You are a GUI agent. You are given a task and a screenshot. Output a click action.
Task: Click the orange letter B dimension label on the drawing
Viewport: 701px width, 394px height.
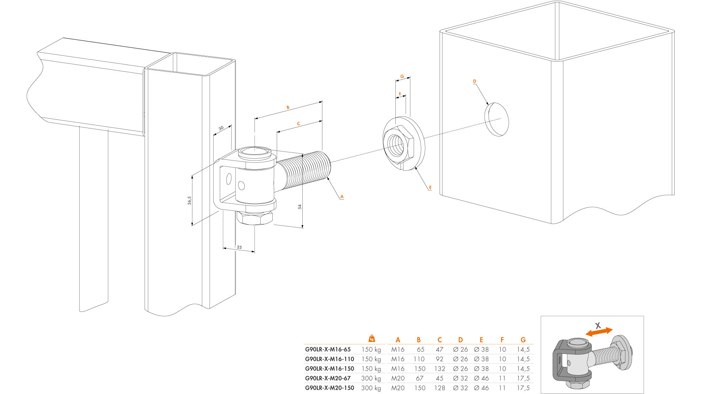pyautogui.click(x=288, y=107)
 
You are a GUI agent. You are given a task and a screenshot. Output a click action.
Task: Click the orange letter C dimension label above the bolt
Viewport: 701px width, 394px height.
pyautogui.click(x=298, y=124)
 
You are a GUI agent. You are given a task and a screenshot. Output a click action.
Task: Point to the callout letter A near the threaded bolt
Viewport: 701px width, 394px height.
pyautogui.click(x=342, y=196)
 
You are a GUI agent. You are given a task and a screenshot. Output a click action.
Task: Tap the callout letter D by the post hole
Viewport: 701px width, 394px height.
pyautogui.click(x=475, y=81)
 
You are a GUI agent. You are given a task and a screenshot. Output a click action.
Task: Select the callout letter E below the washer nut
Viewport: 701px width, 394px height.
pyautogui.click(x=430, y=188)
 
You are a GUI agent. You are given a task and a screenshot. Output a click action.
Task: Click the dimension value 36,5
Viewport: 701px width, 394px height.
pyautogui.click(x=189, y=200)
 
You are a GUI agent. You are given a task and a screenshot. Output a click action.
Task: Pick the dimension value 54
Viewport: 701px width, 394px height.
pyautogui.click(x=300, y=206)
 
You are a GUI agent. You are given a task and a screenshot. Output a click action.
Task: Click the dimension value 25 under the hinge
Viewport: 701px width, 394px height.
pyautogui.click(x=239, y=247)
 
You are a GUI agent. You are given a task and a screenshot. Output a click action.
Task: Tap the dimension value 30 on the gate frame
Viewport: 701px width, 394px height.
pyautogui.click(x=221, y=128)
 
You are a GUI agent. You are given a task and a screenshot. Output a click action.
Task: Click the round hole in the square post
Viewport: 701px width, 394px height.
pyautogui.click(x=497, y=119)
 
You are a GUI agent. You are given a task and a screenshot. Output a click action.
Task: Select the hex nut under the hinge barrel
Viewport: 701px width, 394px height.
pyautogui.click(x=254, y=217)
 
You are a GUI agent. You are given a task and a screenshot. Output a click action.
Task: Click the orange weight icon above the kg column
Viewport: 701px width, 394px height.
pyautogui.click(x=372, y=338)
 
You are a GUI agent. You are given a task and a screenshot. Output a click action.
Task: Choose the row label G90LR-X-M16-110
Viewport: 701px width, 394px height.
pyautogui.click(x=329, y=359)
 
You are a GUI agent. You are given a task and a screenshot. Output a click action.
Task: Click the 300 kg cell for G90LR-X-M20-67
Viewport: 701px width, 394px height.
pyautogui.click(x=371, y=378)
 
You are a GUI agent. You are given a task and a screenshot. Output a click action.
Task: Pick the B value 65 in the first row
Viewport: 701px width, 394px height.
pyautogui.click(x=421, y=349)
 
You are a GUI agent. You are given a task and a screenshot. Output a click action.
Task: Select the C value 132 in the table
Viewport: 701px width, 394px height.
pyautogui.click(x=440, y=369)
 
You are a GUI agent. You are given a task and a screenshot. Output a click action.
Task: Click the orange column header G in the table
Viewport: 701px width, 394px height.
pyautogui.click(x=523, y=340)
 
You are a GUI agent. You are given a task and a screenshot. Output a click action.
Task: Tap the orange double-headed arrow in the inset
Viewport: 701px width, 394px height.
pyautogui.click(x=599, y=332)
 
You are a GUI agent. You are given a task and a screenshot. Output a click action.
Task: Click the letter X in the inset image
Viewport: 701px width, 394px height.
pyautogui.click(x=598, y=325)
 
